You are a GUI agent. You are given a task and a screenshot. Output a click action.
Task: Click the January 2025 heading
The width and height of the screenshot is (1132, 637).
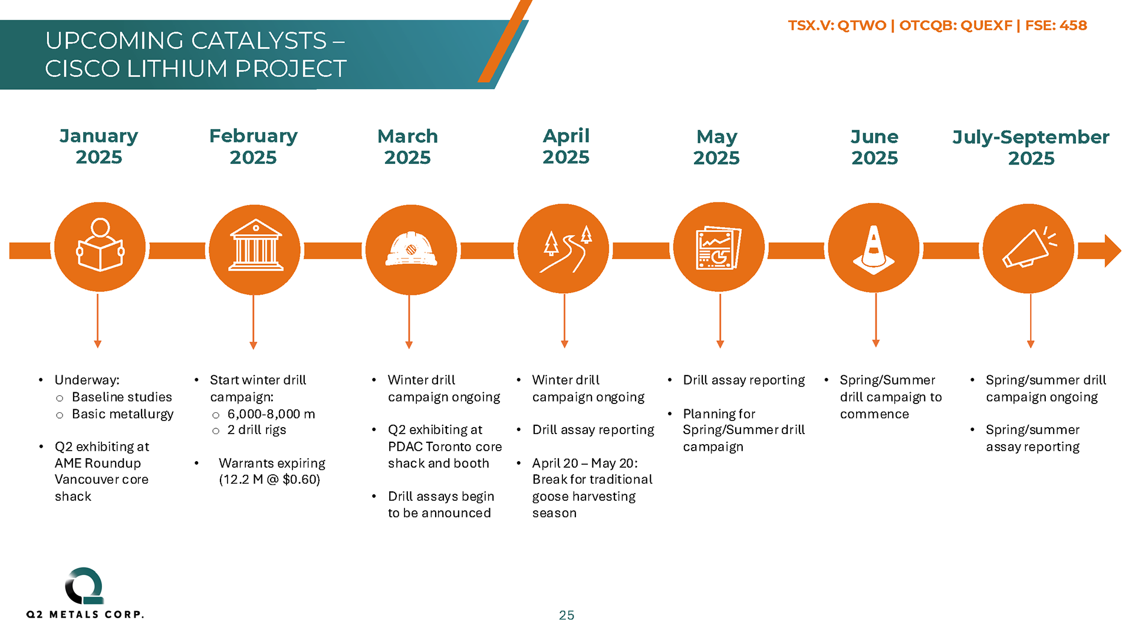pos(99,146)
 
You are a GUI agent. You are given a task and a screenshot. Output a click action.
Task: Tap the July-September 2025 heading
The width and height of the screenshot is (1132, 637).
pos(1031,147)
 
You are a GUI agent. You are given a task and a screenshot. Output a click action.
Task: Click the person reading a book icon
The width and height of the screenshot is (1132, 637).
pos(100,245)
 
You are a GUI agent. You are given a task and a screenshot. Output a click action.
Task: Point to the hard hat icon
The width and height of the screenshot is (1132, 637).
pos(411,249)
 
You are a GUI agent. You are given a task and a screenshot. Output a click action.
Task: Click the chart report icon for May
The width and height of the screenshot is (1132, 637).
pos(719,248)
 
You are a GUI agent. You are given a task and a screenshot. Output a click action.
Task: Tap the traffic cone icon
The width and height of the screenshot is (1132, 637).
pos(874,249)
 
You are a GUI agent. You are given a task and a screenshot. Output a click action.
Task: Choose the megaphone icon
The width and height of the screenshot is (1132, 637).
pos(1029,248)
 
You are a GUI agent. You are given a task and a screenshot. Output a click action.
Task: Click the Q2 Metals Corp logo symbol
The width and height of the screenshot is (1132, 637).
pos(85,586)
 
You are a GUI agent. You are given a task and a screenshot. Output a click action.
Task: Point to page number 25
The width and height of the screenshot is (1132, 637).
pos(567,615)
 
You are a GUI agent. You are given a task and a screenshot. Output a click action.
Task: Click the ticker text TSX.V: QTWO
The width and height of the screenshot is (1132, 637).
pos(837,25)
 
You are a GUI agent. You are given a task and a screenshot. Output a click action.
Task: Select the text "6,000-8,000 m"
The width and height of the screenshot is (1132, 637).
pos(271,414)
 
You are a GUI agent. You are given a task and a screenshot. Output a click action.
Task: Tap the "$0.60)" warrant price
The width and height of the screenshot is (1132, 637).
pos(301,480)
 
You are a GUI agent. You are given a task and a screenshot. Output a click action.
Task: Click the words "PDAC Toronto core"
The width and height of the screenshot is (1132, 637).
pos(445,446)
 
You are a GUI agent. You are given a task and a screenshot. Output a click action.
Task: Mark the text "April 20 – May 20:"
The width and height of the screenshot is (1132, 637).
pos(585,463)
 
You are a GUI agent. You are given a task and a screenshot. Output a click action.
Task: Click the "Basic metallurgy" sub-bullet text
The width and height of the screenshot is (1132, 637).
pos(123,415)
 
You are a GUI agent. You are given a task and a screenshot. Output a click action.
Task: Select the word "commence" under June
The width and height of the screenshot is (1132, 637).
pos(874,414)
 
